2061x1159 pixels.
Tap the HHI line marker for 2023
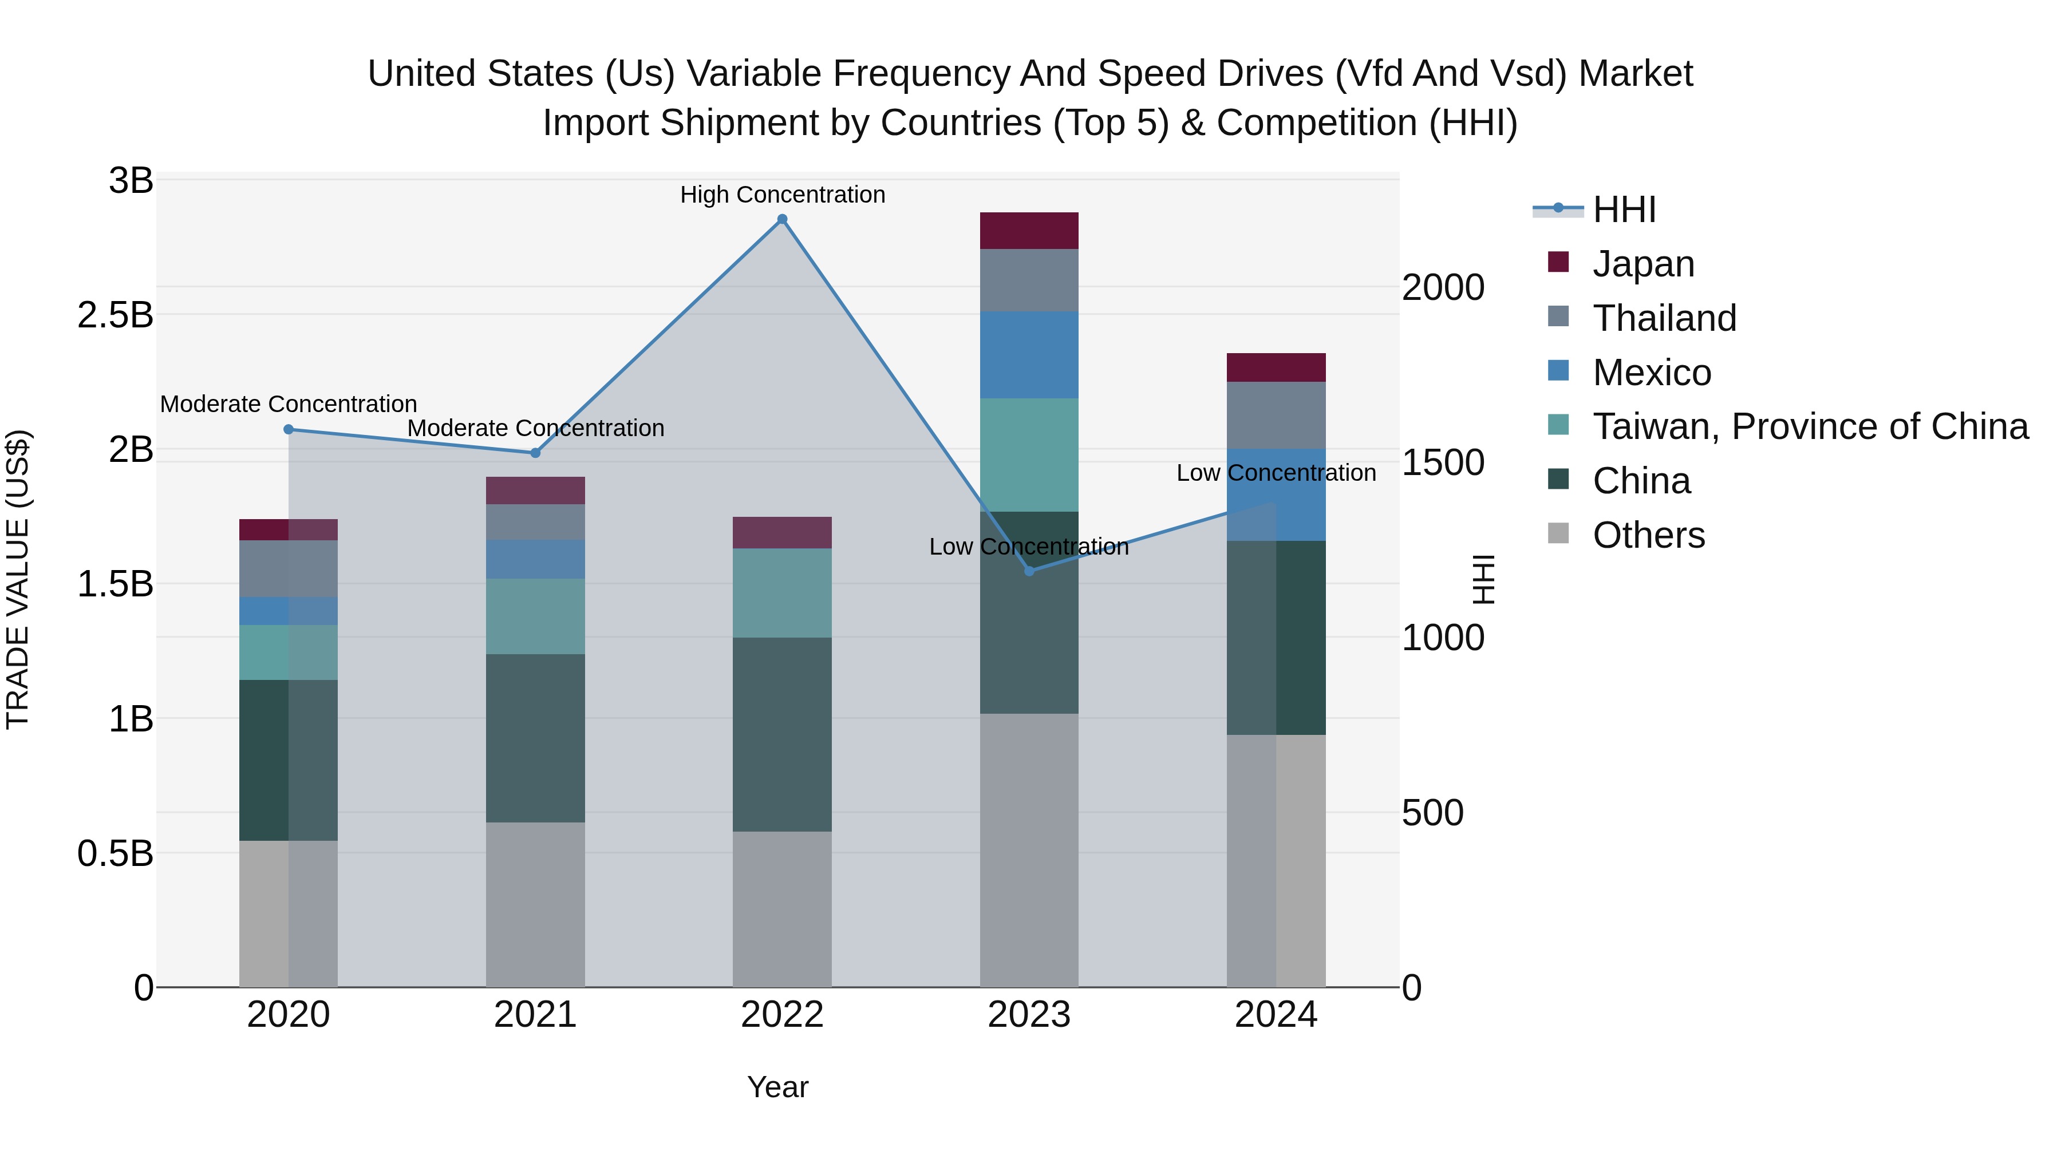[1029, 570]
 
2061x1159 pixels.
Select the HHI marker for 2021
[535, 453]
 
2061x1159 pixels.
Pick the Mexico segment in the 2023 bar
[1029, 354]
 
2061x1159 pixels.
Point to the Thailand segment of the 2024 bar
[1276, 414]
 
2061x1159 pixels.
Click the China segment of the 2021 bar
[535, 738]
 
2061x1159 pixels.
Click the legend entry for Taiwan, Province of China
[1810, 426]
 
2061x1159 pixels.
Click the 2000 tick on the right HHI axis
[1443, 287]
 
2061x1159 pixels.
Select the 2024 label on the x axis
[1276, 1015]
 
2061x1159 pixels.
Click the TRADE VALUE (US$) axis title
[18, 579]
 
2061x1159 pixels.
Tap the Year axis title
[777, 1087]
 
